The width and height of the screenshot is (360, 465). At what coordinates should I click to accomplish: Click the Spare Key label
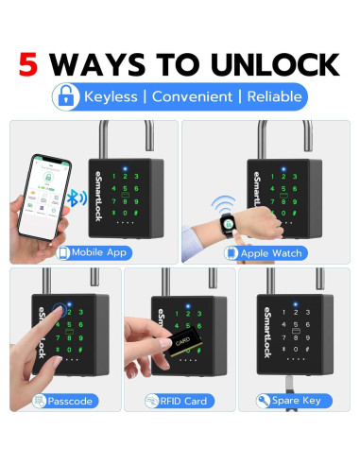(296, 401)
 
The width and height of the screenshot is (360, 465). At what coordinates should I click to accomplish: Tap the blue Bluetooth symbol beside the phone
(82, 199)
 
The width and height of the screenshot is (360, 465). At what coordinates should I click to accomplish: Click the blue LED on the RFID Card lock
(187, 306)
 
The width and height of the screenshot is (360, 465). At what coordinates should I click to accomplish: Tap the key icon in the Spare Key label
(263, 401)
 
